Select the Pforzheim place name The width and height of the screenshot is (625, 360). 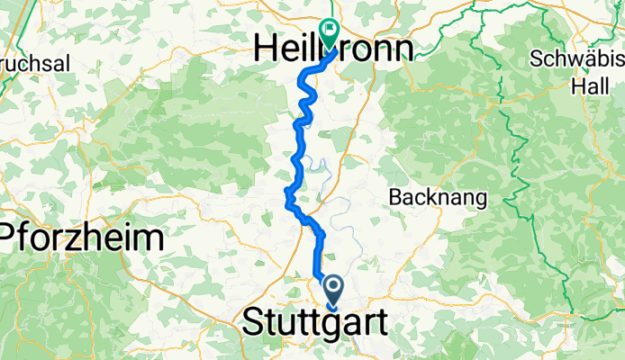83,238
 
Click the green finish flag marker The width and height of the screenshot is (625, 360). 329,33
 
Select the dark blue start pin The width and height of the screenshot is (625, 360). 333,291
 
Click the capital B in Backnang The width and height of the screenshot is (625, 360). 394,197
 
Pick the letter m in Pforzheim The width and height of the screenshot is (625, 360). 148,238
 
